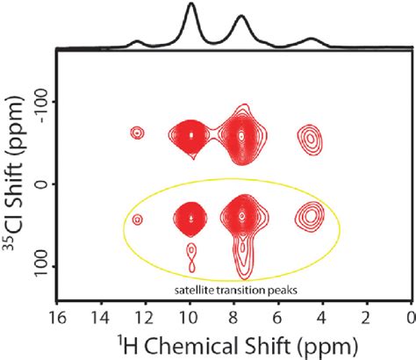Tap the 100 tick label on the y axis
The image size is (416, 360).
click(39, 265)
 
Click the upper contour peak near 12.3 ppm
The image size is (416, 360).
click(137, 133)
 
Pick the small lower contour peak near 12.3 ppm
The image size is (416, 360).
click(137, 219)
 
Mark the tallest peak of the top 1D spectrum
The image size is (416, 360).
click(191, 6)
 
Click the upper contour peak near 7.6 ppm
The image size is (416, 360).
click(243, 135)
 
